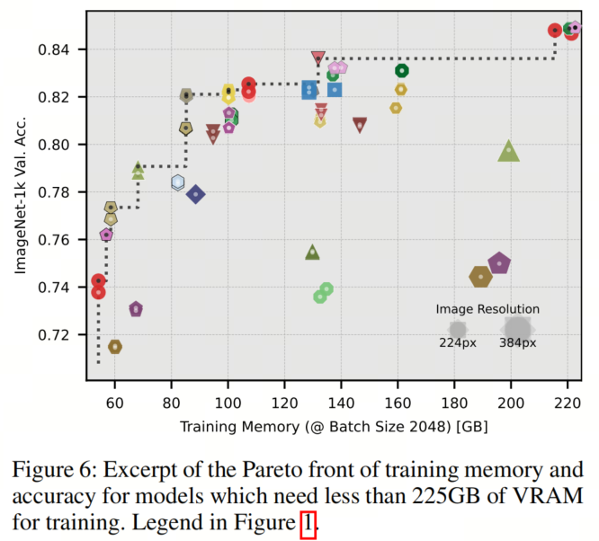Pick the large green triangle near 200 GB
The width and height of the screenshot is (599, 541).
click(x=509, y=151)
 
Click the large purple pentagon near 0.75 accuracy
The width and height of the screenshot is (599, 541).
click(x=499, y=263)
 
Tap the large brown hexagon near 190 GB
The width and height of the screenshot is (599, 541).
click(x=481, y=276)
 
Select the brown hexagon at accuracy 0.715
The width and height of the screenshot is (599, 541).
click(x=115, y=347)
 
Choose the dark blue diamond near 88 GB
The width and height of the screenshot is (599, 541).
click(x=195, y=194)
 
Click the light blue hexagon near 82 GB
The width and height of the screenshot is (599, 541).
click(x=178, y=182)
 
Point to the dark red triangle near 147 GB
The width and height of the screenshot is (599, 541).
click(x=360, y=125)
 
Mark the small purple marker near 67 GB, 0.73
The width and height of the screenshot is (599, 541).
click(x=136, y=309)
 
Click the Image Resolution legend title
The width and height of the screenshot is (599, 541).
click(x=487, y=309)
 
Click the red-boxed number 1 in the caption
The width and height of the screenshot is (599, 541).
click(x=308, y=525)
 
